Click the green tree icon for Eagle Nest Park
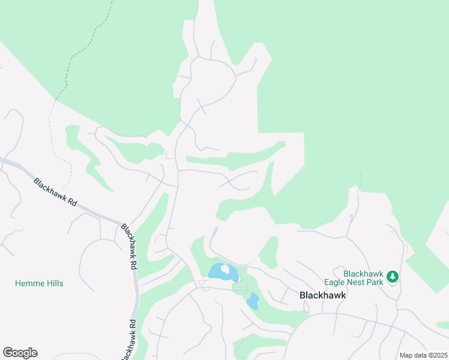pyautogui.click(x=393, y=277)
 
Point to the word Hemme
pyautogui.click(x=29, y=283)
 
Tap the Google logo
pyautogui.click(x=20, y=353)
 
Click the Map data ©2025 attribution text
pyautogui.click(x=423, y=355)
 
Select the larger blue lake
pyautogui.click(x=216, y=273)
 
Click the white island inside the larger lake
pyautogui.click(x=226, y=269)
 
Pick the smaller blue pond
pyautogui.click(x=253, y=301)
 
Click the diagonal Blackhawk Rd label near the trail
pyautogui.click(x=55, y=192)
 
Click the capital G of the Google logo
pyautogui.click(x=8, y=353)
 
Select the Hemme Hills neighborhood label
pyautogui.click(x=39, y=283)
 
